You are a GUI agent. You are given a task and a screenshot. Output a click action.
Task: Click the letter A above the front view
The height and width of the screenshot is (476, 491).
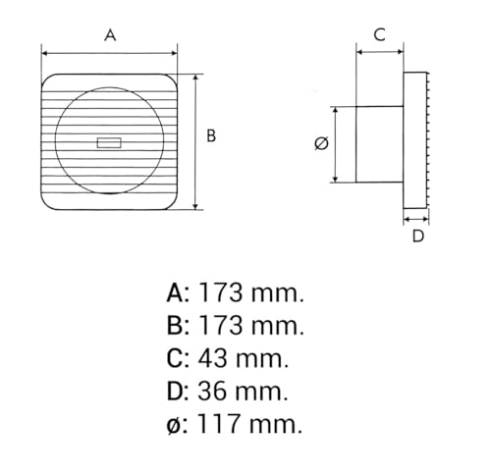110,35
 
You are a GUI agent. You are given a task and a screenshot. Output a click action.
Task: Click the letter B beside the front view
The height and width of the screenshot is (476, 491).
210,137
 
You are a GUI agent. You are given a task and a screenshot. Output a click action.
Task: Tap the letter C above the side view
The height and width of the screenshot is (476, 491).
378,34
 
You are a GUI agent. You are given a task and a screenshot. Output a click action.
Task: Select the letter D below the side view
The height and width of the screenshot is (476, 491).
417,236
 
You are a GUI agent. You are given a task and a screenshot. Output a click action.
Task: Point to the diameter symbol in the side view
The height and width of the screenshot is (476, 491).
321,144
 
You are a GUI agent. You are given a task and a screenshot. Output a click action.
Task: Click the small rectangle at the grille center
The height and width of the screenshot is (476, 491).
109,143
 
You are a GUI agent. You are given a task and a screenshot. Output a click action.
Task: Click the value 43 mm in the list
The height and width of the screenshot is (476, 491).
245,358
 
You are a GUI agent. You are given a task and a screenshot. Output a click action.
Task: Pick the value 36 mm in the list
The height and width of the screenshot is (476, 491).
244,392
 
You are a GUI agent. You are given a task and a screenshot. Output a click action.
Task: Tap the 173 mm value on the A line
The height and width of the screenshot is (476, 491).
251,291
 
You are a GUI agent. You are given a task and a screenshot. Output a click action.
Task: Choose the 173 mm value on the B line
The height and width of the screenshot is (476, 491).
251,325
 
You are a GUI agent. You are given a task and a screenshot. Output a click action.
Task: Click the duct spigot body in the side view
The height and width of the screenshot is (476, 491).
378,144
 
